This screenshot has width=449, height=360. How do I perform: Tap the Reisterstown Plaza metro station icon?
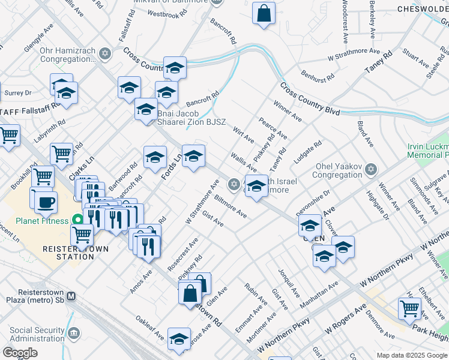click(x=71, y=296)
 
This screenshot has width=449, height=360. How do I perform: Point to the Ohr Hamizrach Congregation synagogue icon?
click(x=106, y=54)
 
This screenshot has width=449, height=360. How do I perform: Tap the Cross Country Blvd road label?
click(x=309, y=100)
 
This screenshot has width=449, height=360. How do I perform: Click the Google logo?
click(x=20, y=353)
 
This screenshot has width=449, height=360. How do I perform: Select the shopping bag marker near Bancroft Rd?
click(x=264, y=13)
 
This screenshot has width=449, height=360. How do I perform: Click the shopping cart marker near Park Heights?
click(x=409, y=309)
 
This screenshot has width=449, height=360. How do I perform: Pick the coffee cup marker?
click(x=46, y=202)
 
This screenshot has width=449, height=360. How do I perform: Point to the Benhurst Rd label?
click(x=318, y=79)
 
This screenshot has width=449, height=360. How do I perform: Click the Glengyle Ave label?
click(x=40, y=38)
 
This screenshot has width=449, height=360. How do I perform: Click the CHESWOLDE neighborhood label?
click(x=422, y=9)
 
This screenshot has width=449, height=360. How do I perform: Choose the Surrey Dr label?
click(x=17, y=93)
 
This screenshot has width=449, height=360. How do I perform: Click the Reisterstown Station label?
click(x=68, y=252)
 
